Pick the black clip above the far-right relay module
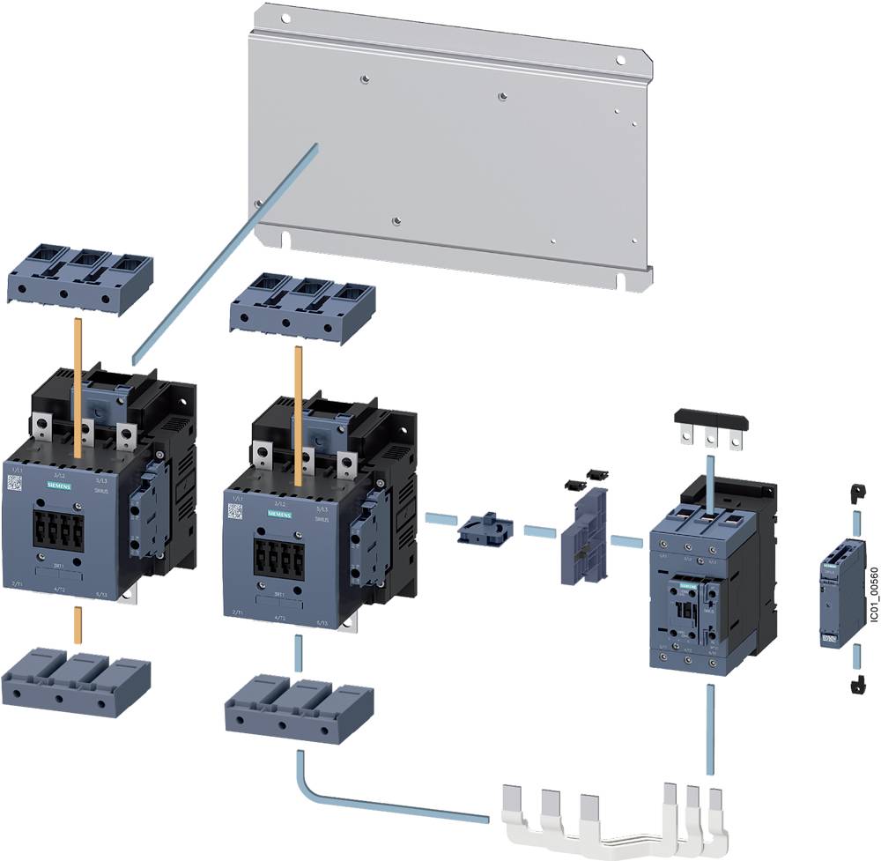click(853, 493)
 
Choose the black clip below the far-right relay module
click(854, 683)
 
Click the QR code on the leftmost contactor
click(15, 483)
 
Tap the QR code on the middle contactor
click(234, 510)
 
